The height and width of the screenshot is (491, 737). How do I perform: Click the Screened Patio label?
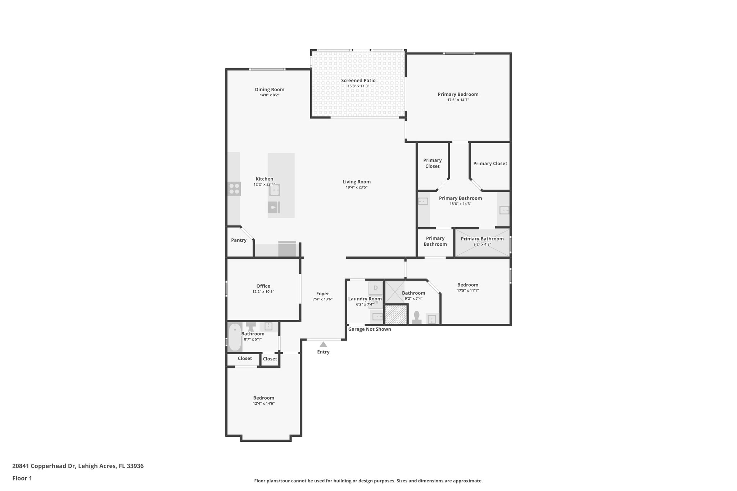pos(358,81)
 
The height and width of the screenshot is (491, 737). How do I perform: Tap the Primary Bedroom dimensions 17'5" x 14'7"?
pos(458,100)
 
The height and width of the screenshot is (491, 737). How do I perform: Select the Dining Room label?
pos(270,90)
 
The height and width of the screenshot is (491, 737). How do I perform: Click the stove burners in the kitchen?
pos(234,189)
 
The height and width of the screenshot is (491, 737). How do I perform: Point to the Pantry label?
pos(239,240)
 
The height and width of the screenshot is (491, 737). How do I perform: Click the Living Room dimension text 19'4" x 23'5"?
pos(356,187)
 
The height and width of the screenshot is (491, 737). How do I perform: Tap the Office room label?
pos(263,286)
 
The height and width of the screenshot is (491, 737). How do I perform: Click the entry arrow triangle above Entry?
pos(323,344)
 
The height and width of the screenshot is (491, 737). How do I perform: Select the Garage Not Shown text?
pos(369,329)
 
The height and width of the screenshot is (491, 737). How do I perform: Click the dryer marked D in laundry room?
pos(376,288)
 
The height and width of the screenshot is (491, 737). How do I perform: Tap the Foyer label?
pos(322,294)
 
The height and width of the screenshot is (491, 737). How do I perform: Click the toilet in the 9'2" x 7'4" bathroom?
pos(417,318)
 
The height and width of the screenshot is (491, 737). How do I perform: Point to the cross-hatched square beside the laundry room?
pos(396,314)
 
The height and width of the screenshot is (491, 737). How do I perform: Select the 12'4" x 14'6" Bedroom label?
pos(263,398)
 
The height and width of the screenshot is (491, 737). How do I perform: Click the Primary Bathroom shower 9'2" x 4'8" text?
pos(482,244)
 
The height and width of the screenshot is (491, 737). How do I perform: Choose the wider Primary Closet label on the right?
pos(490,163)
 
